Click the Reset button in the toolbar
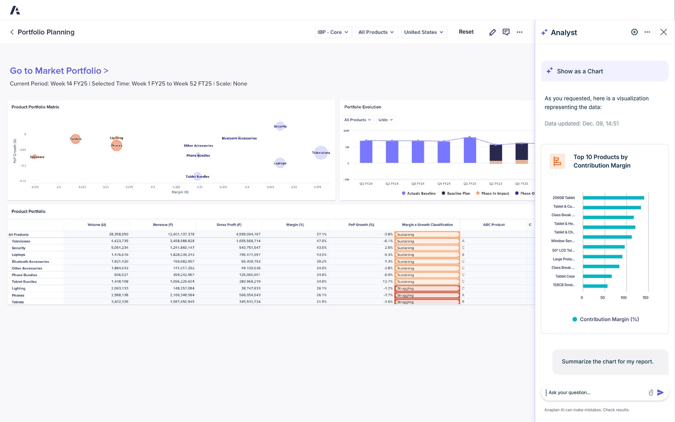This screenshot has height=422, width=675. pyautogui.click(x=466, y=32)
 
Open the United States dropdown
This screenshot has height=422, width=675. pyautogui.click(x=424, y=32)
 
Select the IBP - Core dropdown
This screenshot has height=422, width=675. pyautogui.click(x=333, y=32)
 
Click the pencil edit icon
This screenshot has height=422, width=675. pyautogui.click(x=492, y=32)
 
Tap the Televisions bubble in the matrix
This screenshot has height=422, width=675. pyautogui.click(x=321, y=153)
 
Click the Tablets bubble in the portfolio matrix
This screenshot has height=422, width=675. pyautogui.click(x=75, y=139)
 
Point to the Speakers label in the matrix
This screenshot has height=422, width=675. pyautogui.click(x=37, y=157)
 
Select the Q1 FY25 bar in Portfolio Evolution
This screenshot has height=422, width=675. pyautogui.click(x=470, y=150)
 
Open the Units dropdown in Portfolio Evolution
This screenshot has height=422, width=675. pyautogui.click(x=385, y=120)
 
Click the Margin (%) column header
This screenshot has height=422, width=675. pyautogui.click(x=295, y=225)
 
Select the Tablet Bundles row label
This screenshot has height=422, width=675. pyautogui.click(x=24, y=282)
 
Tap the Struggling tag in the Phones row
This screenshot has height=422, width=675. pyautogui.click(x=426, y=295)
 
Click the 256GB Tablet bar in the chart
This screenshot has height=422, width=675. pyautogui.click(x=613, y=198)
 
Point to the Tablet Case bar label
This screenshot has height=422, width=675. pyautogui.click(x=565, y=276)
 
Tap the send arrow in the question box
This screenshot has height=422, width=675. pyautogui.click(x=660, y=392)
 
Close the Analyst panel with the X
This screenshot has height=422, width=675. pyautogui.click(x=663, y=32)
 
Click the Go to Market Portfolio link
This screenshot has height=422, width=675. pyautogui.click(x=59, y=71)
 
